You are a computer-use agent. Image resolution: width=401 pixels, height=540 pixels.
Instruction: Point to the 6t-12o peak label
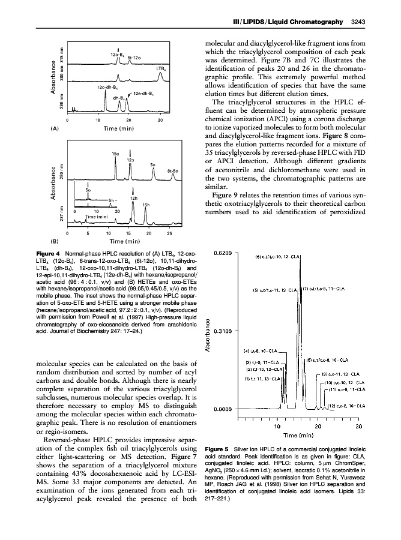coord(134,58)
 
